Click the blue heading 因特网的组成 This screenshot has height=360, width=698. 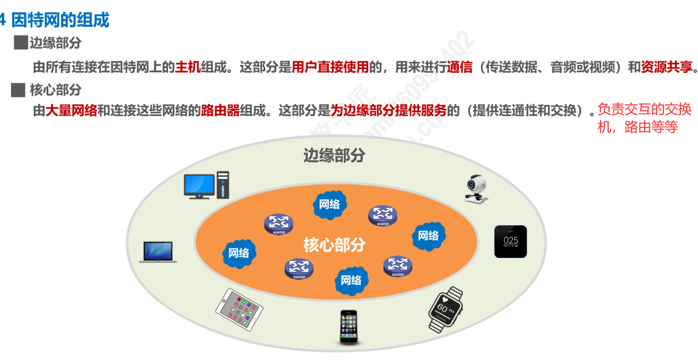pyautogui.click(x=60, y=20)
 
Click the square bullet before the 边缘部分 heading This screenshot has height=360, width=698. pyautogui.click(x=20, y=43)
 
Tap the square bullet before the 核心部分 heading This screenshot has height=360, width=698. pyautogui.click(x=18, y=90)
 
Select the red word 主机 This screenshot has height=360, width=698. pyautogui.click(x=188, y=67)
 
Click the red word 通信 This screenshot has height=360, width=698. pyautogui.click(x=459, y=67)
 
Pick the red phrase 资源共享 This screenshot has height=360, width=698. pyautogui.click(x=666, y=67)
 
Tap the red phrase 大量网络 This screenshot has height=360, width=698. pyautogui.click(x=71, y=110)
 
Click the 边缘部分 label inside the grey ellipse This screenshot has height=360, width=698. pyautogui.click(x=334, y=155)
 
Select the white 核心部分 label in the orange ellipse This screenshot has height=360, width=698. pyautogui.click(x=334, y=244)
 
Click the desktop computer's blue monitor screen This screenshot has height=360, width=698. pyautogui.click(x=199, y=184)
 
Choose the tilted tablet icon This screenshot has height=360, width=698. pyautogui.click(x=239, y=309)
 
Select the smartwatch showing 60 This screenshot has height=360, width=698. pyautogui.click(x=445, y=308)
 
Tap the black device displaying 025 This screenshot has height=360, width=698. pyautogui.click(x=510, y=241)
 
